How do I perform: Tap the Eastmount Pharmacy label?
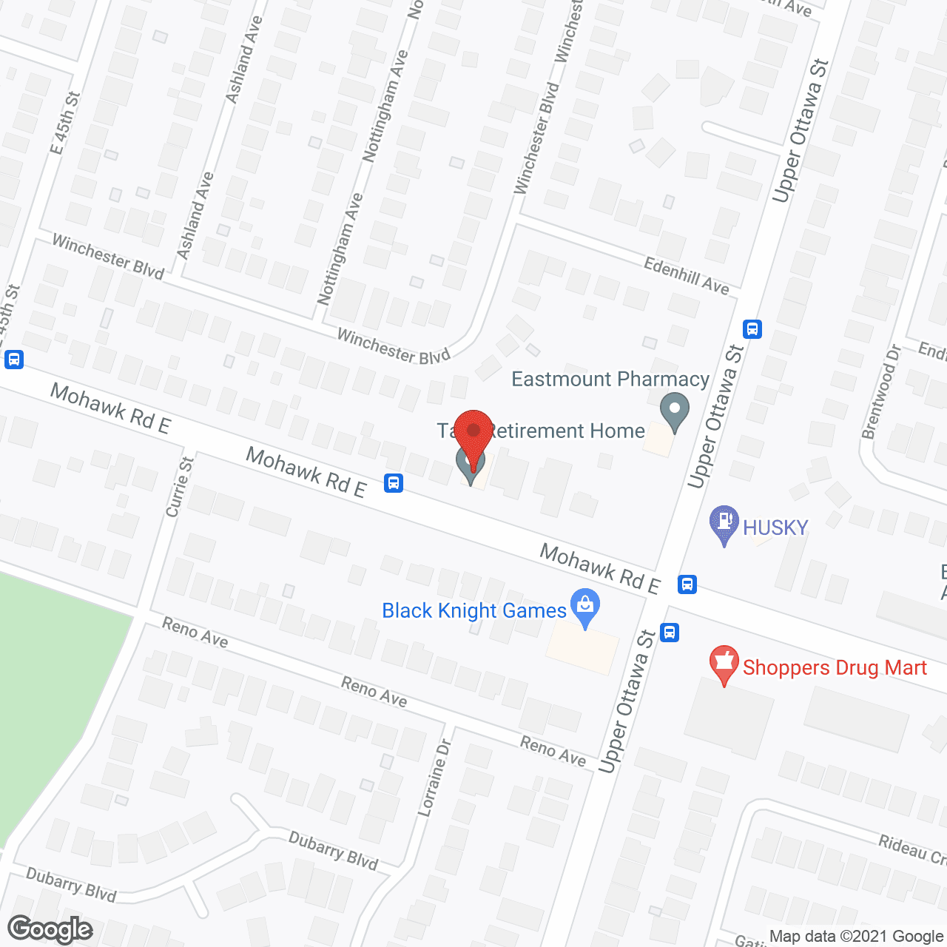610,380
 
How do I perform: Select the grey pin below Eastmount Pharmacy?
674,413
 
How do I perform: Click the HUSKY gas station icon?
724,524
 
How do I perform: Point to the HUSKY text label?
775,528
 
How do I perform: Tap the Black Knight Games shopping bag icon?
585,607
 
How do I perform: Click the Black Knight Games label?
473,611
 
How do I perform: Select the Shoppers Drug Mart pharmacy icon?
724,664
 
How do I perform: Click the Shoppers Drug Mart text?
835,668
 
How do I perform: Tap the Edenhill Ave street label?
686,276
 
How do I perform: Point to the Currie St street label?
180,486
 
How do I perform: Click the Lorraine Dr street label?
434,778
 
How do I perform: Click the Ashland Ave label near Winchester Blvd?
196,215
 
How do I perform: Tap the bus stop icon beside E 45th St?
13,360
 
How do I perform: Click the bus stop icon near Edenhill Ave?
752,328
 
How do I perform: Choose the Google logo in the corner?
50,929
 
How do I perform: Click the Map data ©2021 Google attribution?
856,937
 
